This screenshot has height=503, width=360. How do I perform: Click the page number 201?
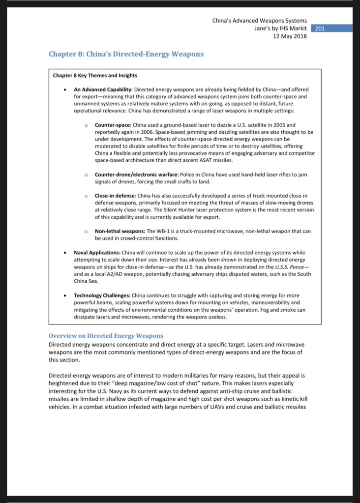coord(320,29)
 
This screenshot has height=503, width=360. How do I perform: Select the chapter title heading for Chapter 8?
coord(126,54)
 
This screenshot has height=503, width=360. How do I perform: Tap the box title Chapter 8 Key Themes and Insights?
coord(95,75)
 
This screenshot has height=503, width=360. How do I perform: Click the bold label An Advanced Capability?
coord(103,90)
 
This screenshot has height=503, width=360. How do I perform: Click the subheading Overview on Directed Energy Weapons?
coord(106,335)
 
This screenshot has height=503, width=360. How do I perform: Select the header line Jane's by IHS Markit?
coord(278,29)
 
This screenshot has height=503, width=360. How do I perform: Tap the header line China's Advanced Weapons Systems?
coord(259,21)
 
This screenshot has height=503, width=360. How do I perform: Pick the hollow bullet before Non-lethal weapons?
coord(86,231)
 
